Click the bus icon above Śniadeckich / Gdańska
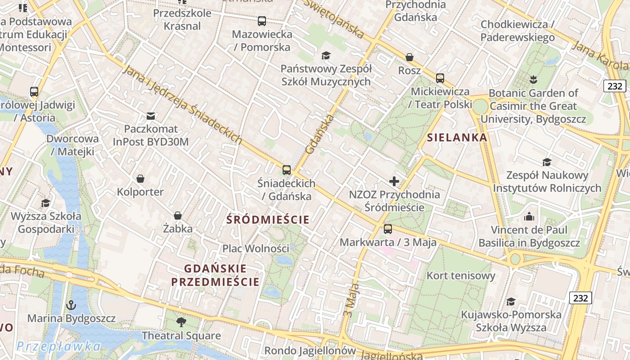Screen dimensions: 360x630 point(287,170)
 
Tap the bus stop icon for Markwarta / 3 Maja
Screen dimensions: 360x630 point(388,229)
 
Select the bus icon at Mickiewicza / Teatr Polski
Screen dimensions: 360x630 point(440,78)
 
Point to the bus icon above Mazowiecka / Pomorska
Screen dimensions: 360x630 point(262,21)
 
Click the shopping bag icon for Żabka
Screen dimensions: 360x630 point(178,216)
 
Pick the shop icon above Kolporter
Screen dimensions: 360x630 point(140,179)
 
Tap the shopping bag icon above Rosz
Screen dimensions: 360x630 point(409,57)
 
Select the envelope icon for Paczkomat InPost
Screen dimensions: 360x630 point(151,116)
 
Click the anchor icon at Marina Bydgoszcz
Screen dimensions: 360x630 point(71,305)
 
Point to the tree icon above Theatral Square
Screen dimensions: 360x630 point(181,322)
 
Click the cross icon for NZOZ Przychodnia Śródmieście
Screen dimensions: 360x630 point(394,181)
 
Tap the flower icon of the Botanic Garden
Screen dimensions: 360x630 point(534,80)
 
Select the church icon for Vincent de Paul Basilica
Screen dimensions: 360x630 point(529,217)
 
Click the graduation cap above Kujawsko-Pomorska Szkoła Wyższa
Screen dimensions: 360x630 point(511,301)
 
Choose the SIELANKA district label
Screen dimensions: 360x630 point(457,138)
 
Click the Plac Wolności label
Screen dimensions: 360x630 point(256,248)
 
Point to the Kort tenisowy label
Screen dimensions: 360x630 point(461,275)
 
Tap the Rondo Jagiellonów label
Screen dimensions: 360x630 point(310,350)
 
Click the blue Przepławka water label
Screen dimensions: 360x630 point(58,346)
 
